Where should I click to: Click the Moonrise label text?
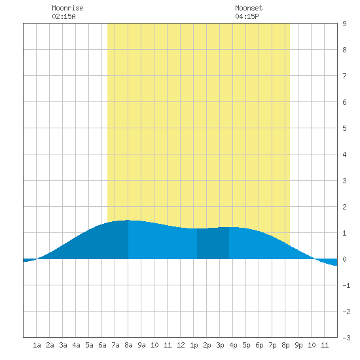(67, 8)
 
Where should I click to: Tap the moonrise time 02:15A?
(63, 16)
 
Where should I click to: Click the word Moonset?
(249, 8)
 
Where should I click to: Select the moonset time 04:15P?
(247, 16)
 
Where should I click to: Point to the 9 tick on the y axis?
(344, 24)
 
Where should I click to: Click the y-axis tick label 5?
(344, 128)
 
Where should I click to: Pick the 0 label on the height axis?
(344, 259)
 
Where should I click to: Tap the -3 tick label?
(346, 338)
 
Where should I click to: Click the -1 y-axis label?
(346, 285)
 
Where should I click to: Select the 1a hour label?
(37, 345)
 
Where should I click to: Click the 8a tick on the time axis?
(128, 345)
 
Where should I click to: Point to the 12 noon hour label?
(181, 345)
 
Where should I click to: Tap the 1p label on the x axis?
(194, 345)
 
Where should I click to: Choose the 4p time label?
(233, 345)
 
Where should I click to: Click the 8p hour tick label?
(285, 345)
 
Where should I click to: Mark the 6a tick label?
(102, 345)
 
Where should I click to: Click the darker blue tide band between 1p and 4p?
(213, 243)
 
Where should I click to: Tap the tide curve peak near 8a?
(128, 220)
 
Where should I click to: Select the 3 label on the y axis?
(344, 181)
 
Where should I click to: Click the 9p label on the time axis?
(298, 345)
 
